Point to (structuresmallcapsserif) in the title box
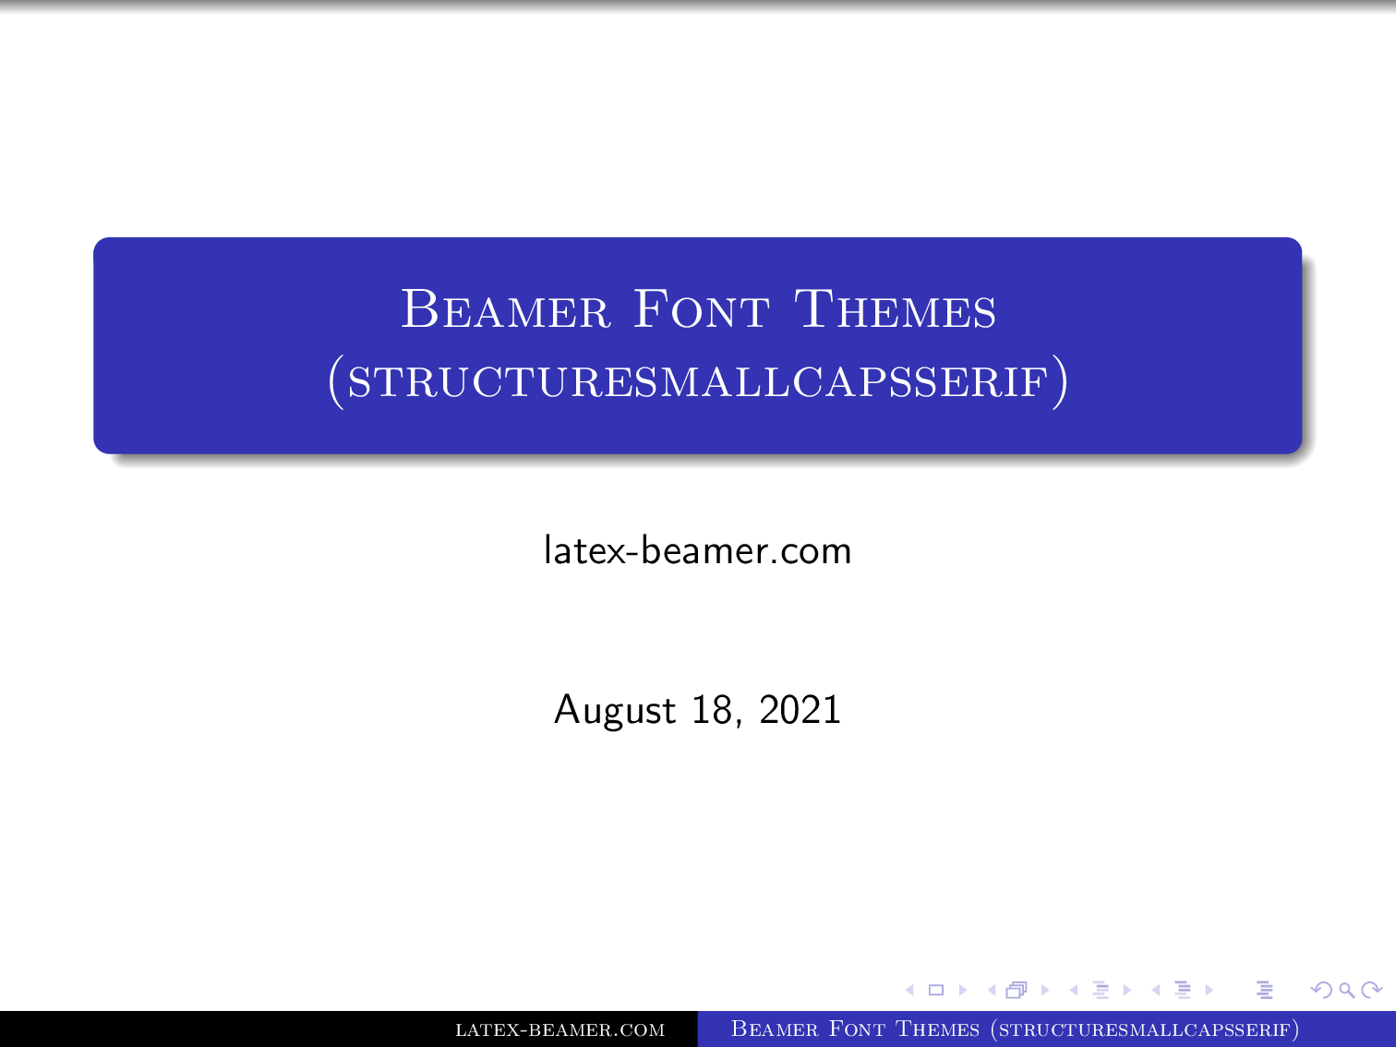tap(698, 381)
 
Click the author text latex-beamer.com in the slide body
tap(697, 550)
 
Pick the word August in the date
tap(615, 710)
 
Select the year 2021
tap(800, 710)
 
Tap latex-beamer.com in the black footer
tap(560, 1029)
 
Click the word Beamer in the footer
tap(775, 1029)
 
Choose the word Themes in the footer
tap(937, 1029)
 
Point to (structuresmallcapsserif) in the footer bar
tap(1145, 1029)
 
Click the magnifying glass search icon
tap(1347, 991)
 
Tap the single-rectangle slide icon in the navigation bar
tap(935, 991)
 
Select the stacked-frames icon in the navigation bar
tap(1017, 991)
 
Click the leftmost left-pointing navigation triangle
tap(909, 991)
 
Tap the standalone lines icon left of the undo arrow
tap(1265, 991)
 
